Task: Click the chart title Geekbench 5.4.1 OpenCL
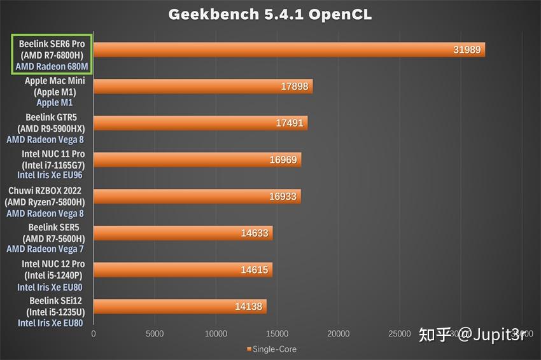click(270, 15)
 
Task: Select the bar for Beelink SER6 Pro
click(289, 50)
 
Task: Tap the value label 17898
click(293, 87)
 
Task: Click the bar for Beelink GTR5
click(200, 123)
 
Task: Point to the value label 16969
click(283, 160)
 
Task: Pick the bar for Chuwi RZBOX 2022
click(197, 197)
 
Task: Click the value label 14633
click(255, 233)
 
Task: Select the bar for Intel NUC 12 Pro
click(183, 270)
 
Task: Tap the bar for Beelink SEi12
click(179, 307)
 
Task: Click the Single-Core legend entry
click(271, 349)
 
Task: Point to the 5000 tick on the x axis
click(155, 334)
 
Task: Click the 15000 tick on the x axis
click(278, 334)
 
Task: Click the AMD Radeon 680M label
click(52, 66)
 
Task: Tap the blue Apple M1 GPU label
click(55, 102)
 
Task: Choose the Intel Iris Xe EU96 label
click(50, 175)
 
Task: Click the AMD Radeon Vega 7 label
click(45, 249)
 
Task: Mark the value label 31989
click(467, 50)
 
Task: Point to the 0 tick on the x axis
click(94, 334)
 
